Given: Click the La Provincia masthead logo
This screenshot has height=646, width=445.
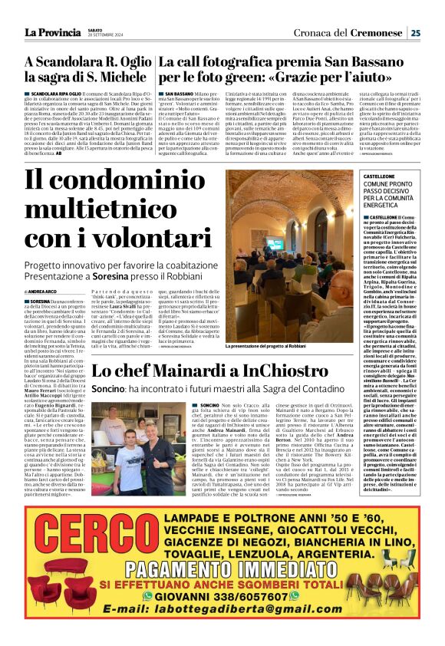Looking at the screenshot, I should (x=52, y=32).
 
